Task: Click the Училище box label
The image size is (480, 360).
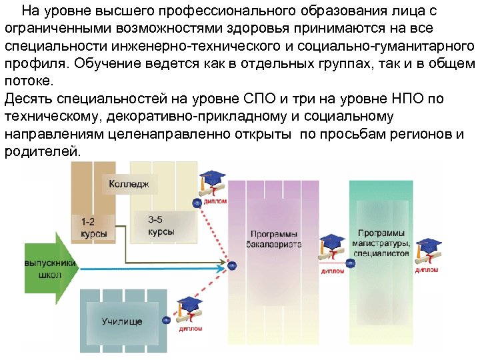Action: click(122, 321)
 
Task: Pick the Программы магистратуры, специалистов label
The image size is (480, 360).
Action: click(381, 243)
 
